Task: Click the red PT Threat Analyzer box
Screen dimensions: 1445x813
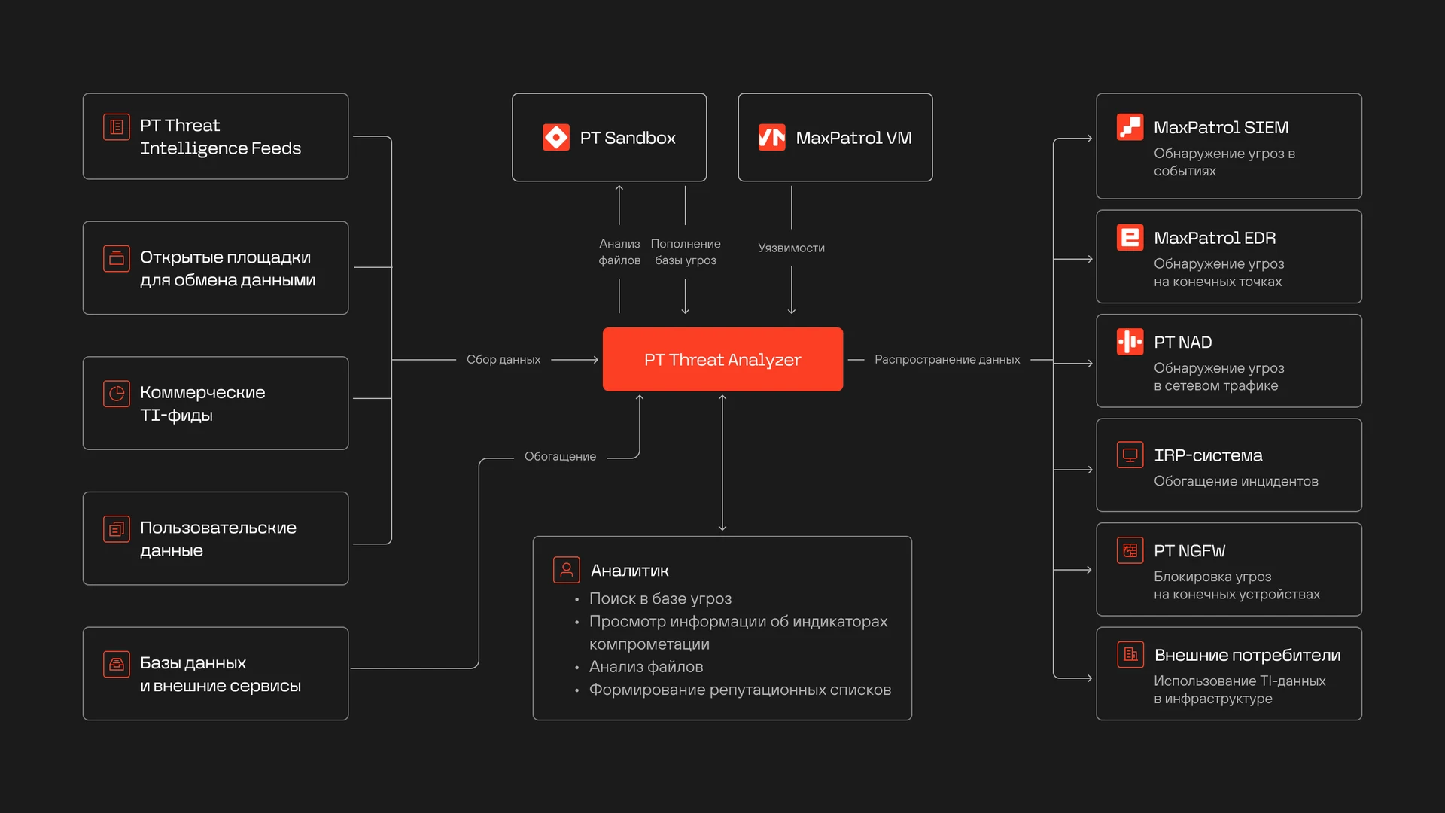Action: [x=722, y=359]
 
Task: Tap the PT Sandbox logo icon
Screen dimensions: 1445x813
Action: [x=556, y=138]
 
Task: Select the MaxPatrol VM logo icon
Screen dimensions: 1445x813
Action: [x=771, y=138]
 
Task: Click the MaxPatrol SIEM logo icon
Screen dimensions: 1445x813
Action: [x=1130, y=127]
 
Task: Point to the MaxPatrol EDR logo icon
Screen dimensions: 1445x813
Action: [x=1130, y=238]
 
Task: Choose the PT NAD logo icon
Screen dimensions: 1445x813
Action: [x=1130, y=342]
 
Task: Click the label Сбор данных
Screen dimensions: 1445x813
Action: [x=503, y=360]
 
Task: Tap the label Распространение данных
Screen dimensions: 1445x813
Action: [x=947, y=360]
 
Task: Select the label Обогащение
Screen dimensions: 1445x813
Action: [x=560, y=456]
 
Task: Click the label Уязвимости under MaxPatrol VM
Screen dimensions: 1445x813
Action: [x=791, y=248]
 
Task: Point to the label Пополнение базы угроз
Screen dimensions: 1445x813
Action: [x=686, y=252]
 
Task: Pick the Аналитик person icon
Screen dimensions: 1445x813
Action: [x=567, y=570]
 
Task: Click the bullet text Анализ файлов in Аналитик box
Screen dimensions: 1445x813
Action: [x=646, y=667]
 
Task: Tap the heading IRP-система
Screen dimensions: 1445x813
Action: [x=1208, y=455]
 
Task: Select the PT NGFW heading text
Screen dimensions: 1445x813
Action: [x=1190, y=551]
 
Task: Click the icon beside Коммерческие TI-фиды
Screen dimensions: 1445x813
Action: [x=117, y=393]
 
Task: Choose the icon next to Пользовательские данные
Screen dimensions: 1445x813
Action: [x=117, y=528]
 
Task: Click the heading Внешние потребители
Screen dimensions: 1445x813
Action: [x=1247, y=655]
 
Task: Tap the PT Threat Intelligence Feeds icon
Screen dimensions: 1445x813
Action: [x=117, y=126]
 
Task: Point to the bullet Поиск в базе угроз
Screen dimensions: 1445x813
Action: [x=660, y=598]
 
